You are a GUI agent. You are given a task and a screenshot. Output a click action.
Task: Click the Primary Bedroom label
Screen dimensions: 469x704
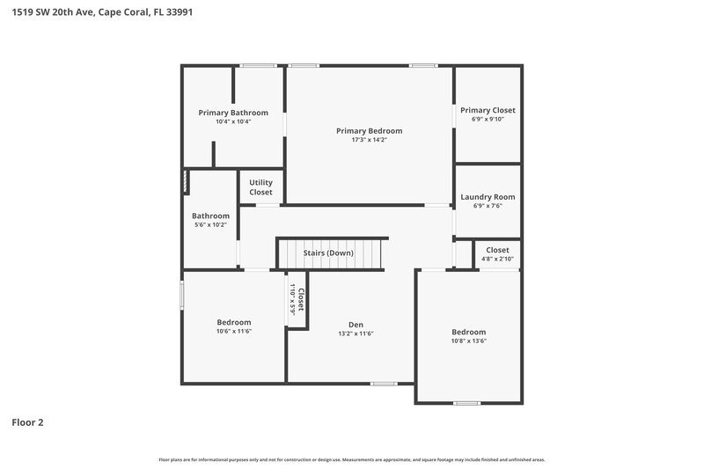pyautogui.click(x=369, y=130)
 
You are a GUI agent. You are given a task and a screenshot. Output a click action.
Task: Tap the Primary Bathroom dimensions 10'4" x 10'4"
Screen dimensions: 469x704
pyautogui.click(x=233, y=121)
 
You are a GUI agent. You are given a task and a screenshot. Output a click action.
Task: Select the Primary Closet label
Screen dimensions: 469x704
pyautogui.click(x=488, y=110)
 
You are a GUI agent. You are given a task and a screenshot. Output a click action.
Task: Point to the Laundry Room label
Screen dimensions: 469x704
pyautogui.click(x=488, y=196)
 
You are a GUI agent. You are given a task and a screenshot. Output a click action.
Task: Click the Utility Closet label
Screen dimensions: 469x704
pyautogui.click(x=260, y=187)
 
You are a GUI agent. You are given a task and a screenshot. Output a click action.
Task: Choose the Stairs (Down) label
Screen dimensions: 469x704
pyautogui.click(x=328, y=253)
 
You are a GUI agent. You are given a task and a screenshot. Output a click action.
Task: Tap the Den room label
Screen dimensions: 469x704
pyautogui.click(x=356, y=324)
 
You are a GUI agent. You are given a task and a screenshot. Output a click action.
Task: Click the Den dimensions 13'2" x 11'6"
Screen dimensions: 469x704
pyautogui.click(x=356, y=333)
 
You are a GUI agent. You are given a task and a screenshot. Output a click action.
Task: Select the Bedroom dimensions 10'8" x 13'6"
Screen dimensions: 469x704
pyautogui.click(x=469, y=341)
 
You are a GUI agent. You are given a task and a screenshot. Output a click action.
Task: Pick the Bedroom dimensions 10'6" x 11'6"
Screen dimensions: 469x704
pyautogui.click(x=234, y=331)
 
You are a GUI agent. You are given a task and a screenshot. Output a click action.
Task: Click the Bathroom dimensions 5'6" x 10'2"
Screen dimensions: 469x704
pyautogui.click(x=210, y=225)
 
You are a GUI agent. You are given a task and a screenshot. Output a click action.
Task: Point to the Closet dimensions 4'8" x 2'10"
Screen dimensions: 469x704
pyautogui.click(x=497, y=259)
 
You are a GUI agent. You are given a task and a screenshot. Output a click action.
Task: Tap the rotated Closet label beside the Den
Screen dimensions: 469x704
pyautogui.click(x=300, y=299)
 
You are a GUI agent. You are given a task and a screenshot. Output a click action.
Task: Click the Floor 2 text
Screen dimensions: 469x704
pyautogui.click(x=27, y=422)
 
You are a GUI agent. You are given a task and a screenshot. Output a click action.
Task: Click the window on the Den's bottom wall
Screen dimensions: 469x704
pyautogui.click(x=383, y=383)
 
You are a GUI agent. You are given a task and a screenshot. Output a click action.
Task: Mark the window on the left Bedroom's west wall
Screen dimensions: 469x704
pyautogui.click(x=182, y=294)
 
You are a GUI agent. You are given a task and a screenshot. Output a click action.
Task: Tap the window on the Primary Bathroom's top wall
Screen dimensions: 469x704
pyautogui.click(x=257, y=65)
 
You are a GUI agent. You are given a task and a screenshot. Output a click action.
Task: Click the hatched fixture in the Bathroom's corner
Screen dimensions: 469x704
pyautogui.click(x=186, y=182)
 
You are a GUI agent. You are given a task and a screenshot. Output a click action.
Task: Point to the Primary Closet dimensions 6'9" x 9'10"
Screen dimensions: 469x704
pyautogui.click(x=488, y=120)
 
